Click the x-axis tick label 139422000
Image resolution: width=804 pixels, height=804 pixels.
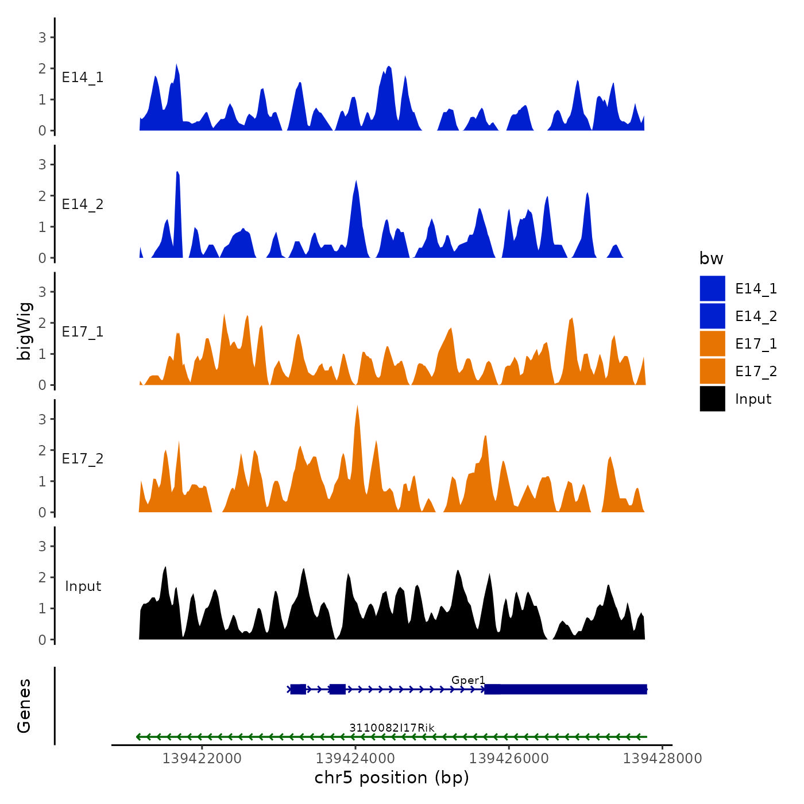tap(202, 759)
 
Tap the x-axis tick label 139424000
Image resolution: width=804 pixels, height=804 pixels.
tap(355, 759)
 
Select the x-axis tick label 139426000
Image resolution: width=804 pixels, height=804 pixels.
tap(509, 759)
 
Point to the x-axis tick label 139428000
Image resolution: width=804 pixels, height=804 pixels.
tap(662, 759)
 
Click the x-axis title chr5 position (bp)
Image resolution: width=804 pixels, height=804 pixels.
tap(392, 778)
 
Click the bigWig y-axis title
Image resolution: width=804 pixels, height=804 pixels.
tap(24, 331)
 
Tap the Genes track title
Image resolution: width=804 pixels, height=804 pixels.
tap(24, 706)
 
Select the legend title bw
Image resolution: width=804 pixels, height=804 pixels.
tap(711, 259)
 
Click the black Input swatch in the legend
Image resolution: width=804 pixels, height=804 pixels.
tap(712, 399)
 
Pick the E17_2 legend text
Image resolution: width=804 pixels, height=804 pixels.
tap(756, 372)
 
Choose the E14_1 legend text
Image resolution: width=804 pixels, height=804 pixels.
tap(756, 289)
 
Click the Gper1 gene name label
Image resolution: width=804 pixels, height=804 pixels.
tap(468, 681)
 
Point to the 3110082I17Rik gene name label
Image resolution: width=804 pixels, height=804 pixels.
tap(392, 728)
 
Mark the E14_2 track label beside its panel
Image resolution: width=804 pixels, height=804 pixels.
tap(83, 204)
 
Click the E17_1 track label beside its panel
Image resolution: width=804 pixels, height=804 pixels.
tap(83, 332)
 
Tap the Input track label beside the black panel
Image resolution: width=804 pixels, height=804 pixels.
tap(83, 586)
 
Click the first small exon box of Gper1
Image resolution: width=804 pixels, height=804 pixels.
tap(297, 689)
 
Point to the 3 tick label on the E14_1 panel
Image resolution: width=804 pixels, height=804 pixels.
tap(42, 38)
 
